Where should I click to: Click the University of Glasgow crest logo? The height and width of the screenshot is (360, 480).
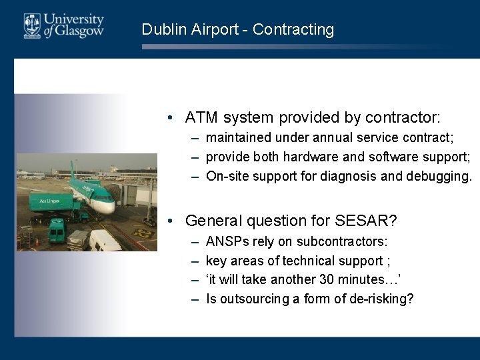pos(32,26)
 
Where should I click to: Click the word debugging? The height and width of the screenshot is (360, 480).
pos(441,176)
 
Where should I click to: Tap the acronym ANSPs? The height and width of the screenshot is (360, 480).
pos(227,241)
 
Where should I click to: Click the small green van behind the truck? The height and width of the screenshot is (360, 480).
pos(57,229)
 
